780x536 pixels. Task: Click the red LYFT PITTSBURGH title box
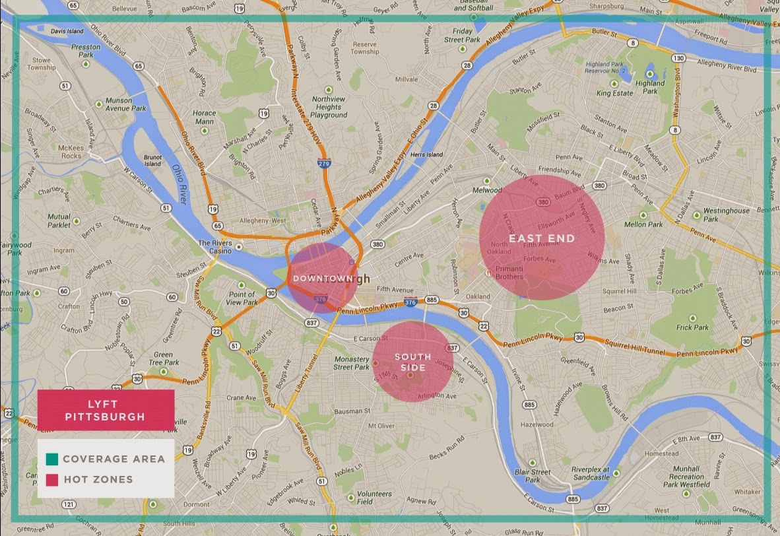click(x=106, y=409)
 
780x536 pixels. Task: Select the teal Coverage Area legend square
click(x=51, y=459)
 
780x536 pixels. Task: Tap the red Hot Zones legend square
click(x=51, y=479)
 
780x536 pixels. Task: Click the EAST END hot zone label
click(x=541, y=238)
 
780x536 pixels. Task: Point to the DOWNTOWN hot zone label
click(x=319, y=279)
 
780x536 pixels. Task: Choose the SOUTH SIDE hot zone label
click(x=412, y=362)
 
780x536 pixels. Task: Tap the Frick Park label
click(x=692, y=327)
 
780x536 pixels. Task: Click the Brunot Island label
click(x=152, y=160)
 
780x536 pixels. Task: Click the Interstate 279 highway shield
click(x=323, y=162)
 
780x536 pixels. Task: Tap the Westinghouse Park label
click(x=726, y=215)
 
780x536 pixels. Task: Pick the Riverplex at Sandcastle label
click(x=591, y=473)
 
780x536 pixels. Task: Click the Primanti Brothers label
click(x=509, y=273)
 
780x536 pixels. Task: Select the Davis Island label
click(x=67, y=31)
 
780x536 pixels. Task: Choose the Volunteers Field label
click(x=374, y=497)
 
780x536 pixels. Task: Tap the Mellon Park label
click(x=643, y=224)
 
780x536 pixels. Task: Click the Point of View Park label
click(x=242, y=298)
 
